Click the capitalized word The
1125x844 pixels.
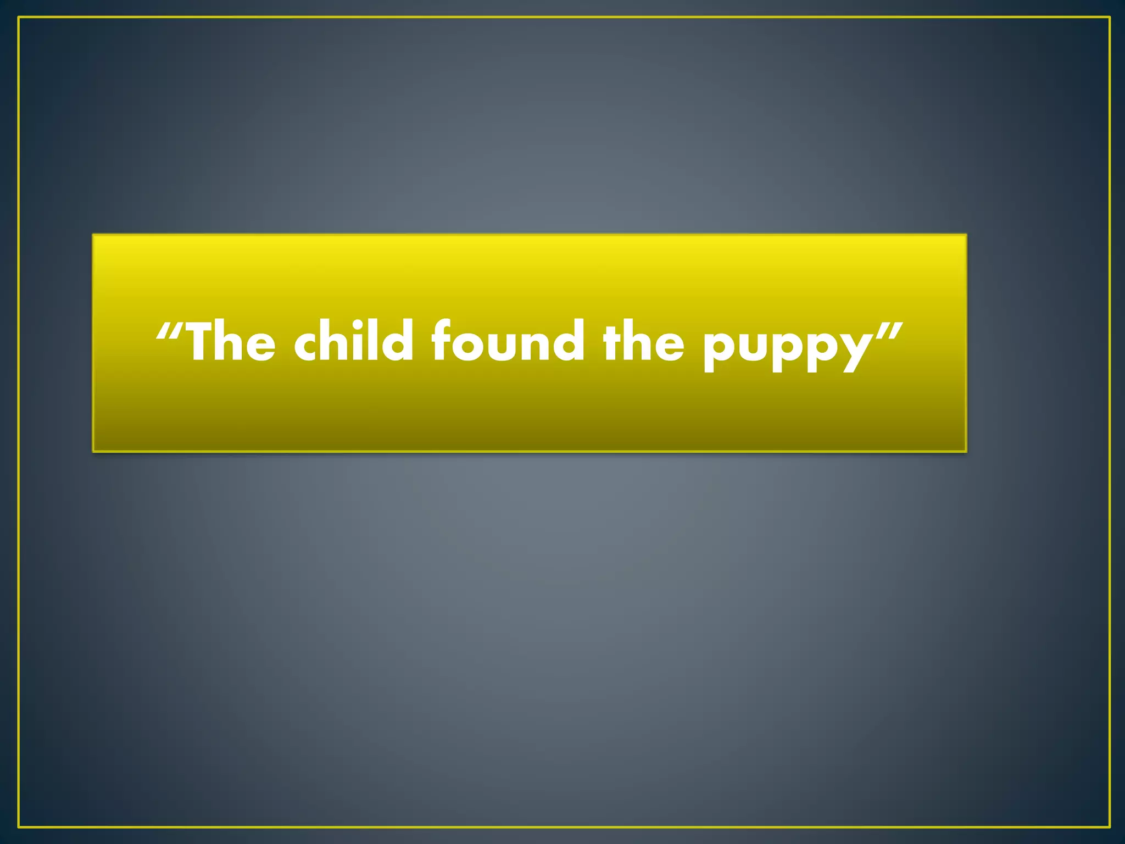point(231,342)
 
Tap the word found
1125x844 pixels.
point(508,342)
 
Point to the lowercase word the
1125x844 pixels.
point(643,342)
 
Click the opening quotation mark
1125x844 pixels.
point(168,331)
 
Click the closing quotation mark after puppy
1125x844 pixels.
point(889,331)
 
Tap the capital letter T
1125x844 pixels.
point(203,342)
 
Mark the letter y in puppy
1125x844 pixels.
point(852,352)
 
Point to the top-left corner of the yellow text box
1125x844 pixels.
point(93,235)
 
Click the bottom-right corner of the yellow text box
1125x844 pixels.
point(966,452)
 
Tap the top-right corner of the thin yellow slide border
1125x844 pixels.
point(1110,18)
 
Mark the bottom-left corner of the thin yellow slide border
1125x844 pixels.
point(19,826)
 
